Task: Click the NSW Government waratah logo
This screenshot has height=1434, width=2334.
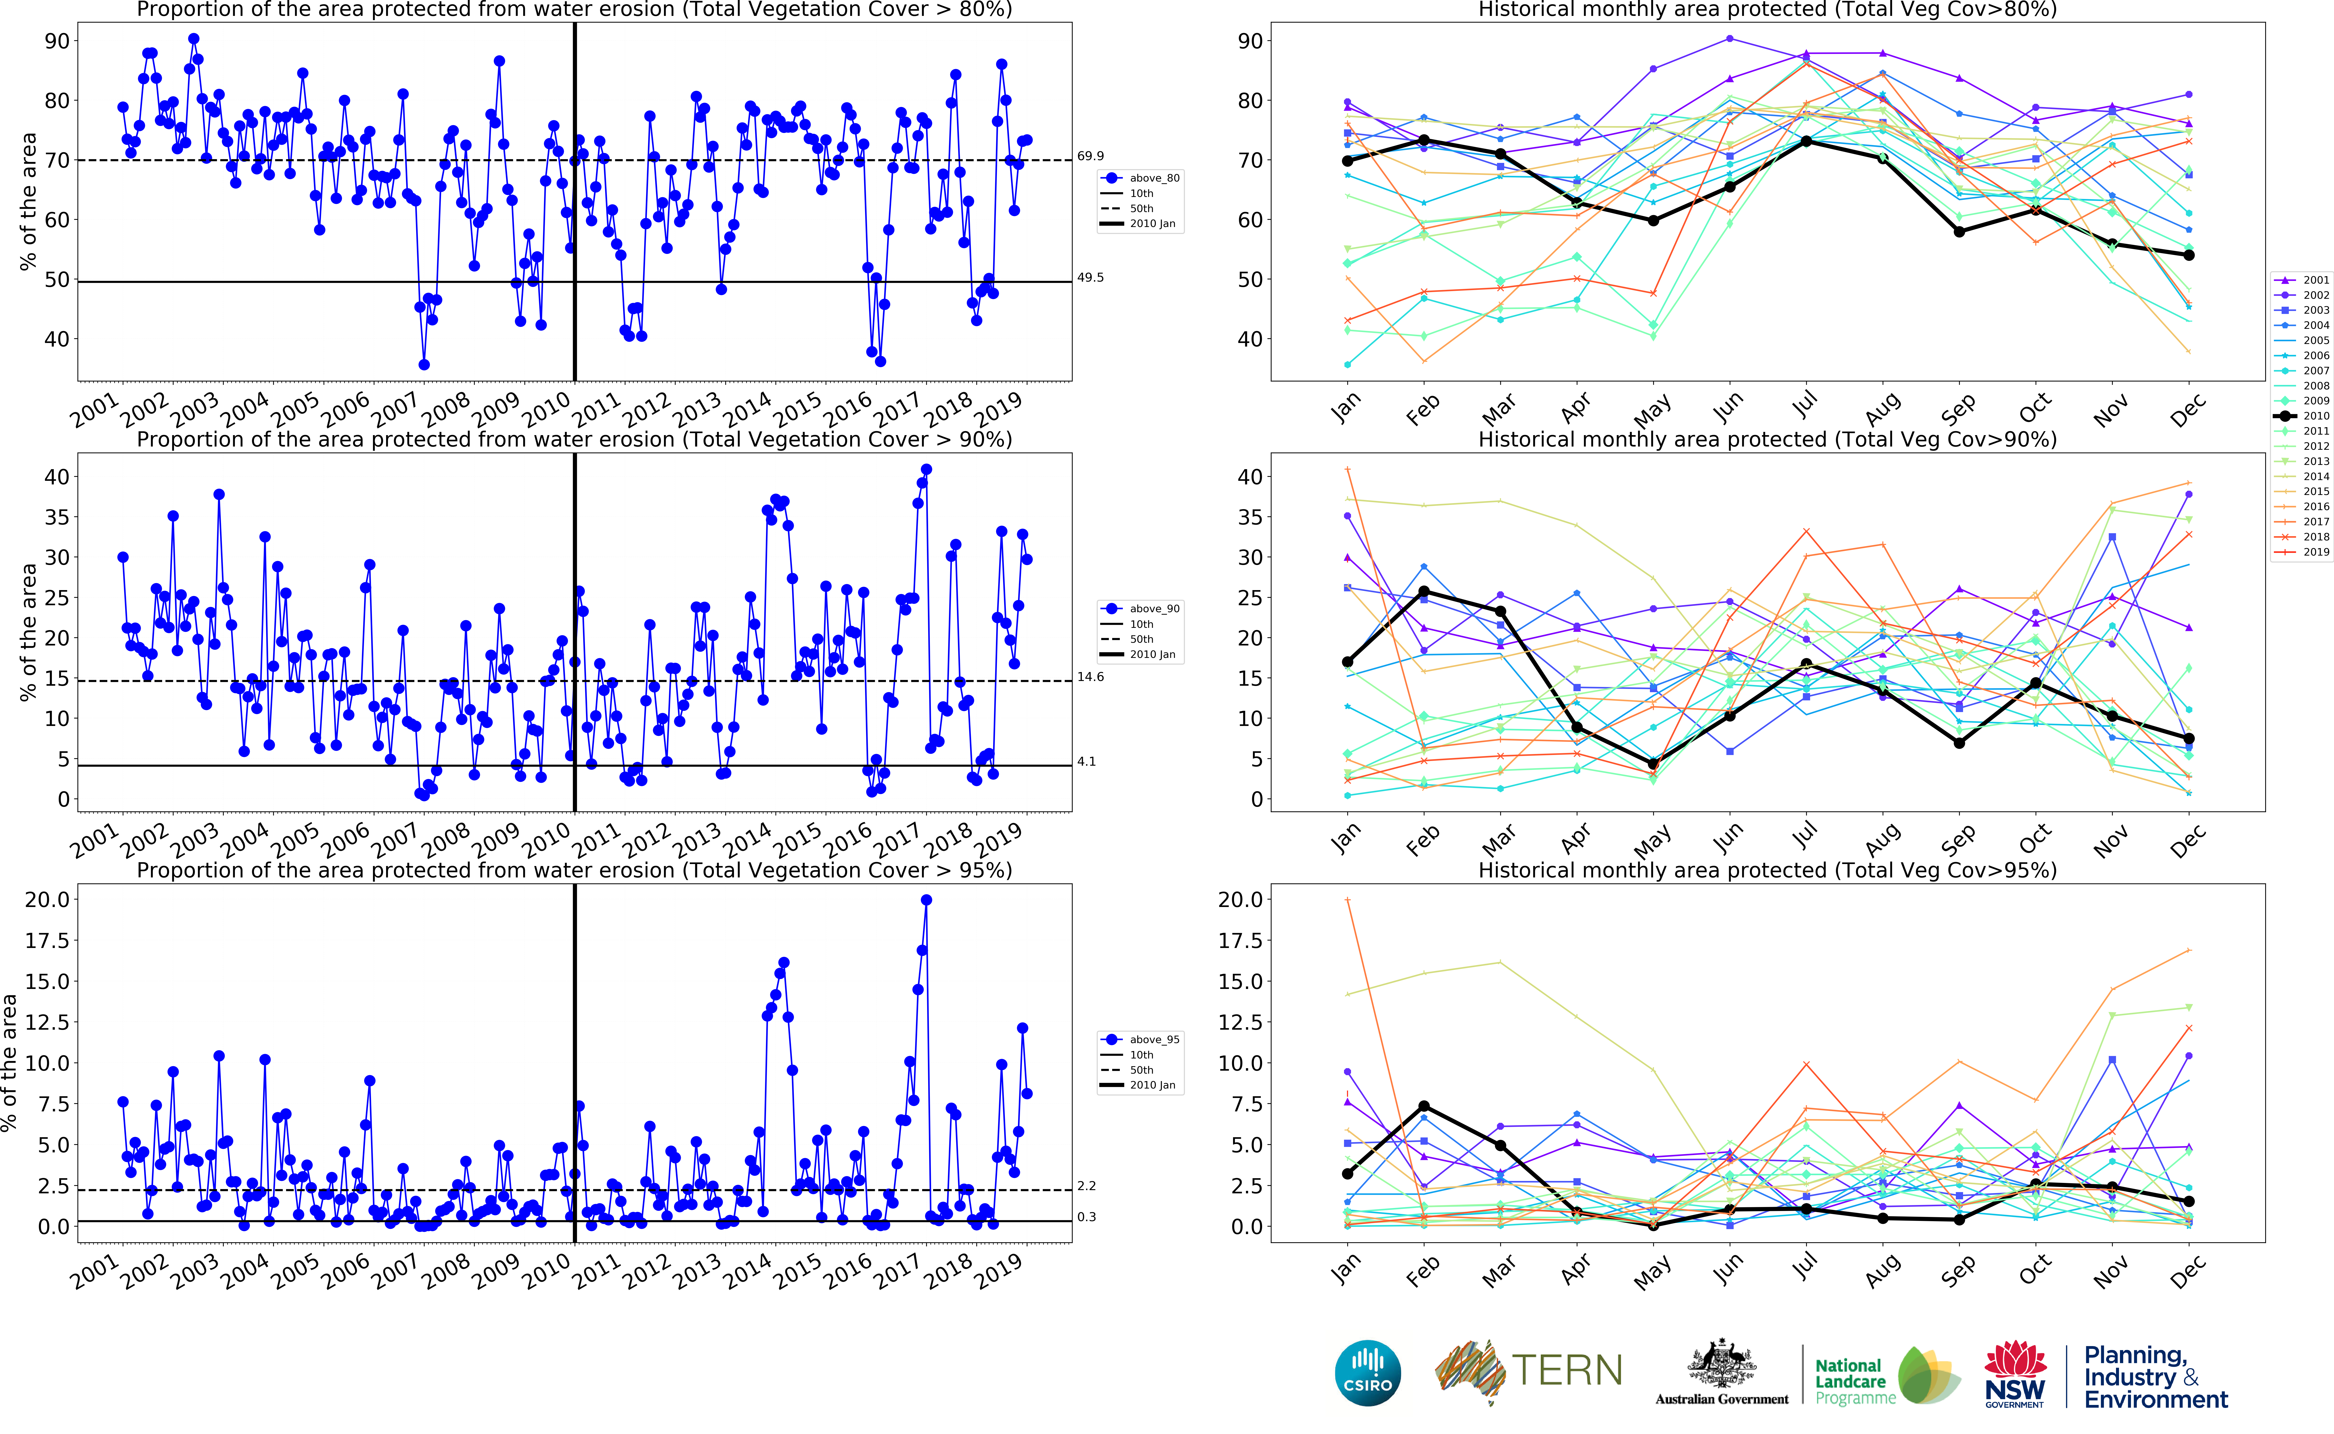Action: coord(2014,1372)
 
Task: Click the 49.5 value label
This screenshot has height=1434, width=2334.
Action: coord(1090,278)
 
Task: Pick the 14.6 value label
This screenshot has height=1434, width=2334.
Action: coord(1090,677)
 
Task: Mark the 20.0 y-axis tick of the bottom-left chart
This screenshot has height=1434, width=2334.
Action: coord(47,899)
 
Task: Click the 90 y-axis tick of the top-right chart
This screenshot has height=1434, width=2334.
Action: coord(1249,41)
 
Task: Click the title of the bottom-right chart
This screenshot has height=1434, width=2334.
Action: coord(1767,870)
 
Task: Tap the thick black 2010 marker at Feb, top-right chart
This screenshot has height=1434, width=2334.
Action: coord(1424,140)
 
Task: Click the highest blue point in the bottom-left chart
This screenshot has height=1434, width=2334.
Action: coord(926,900)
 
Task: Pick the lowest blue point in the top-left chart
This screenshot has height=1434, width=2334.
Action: coord(424,364)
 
